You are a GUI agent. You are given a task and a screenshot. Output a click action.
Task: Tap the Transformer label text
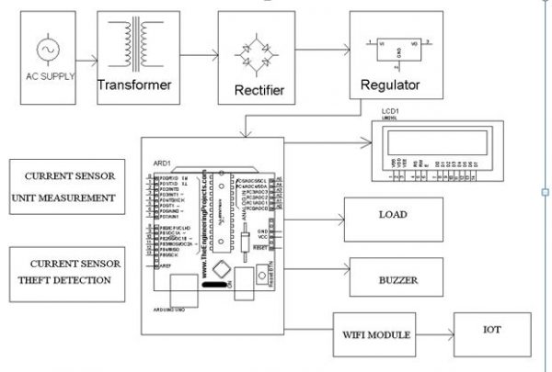point(133,85)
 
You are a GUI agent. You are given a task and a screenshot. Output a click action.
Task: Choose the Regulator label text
point(386,85)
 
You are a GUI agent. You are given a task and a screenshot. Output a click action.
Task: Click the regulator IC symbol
point(387,48)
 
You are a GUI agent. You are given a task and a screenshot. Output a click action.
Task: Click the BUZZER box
point(392,276)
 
